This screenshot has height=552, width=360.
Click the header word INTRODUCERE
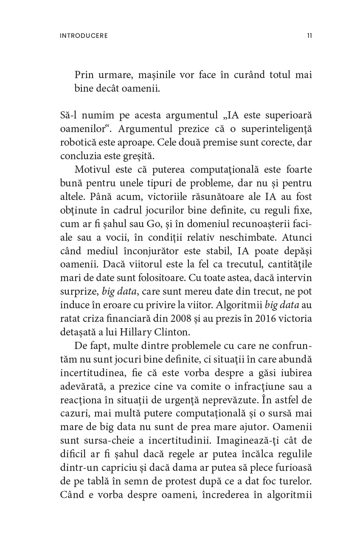84,36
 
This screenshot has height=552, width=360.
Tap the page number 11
309,36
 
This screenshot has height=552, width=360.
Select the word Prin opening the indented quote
84,75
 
